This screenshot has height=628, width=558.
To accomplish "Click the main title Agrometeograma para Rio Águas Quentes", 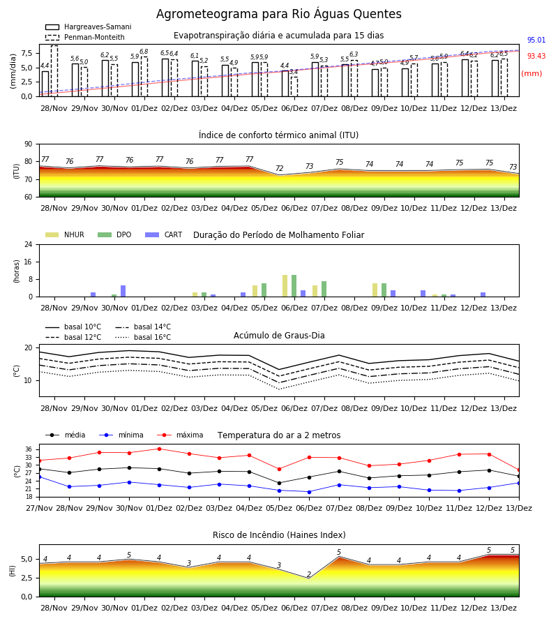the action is click(x=278, y=14).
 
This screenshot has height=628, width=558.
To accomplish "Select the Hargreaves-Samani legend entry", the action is click(x=89, y=27).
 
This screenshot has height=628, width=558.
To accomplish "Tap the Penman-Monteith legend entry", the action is click(x=85, y=37).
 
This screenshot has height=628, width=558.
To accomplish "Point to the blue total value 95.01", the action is click(x=536, y=40).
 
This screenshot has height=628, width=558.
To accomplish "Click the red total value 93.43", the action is click(x=536, y=56).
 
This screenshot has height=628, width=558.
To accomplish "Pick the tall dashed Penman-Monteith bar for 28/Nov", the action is click(x=54, y=71).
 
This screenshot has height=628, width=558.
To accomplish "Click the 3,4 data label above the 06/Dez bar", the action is click(x=294, y=72).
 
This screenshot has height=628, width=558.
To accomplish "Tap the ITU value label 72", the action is click(x=280, y=168).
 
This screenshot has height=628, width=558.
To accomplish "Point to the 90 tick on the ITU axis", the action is click(x=29, y=144).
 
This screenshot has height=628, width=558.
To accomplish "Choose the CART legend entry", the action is click(x=164, y=234).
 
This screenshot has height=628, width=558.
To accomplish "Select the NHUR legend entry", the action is click(x=65, y=234).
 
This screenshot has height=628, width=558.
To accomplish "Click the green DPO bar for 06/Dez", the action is click(x=294, y=286).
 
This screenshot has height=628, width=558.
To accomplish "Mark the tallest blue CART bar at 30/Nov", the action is click(x=123, y=291).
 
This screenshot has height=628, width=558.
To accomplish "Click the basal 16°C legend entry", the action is click(x=143, y=337).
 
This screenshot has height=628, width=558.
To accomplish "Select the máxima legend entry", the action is click(x=180, y=435).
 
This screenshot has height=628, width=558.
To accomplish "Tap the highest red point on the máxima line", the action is click(x=159, y=449).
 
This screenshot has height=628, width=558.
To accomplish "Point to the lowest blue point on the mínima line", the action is click(x=310, y=492).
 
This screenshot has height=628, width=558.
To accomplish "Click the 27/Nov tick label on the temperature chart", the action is click(x=39, y=508).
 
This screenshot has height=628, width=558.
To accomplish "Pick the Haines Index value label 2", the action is click(x=309, y=574).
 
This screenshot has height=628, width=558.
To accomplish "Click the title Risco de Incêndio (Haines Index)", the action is click(x=279, y=535).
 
